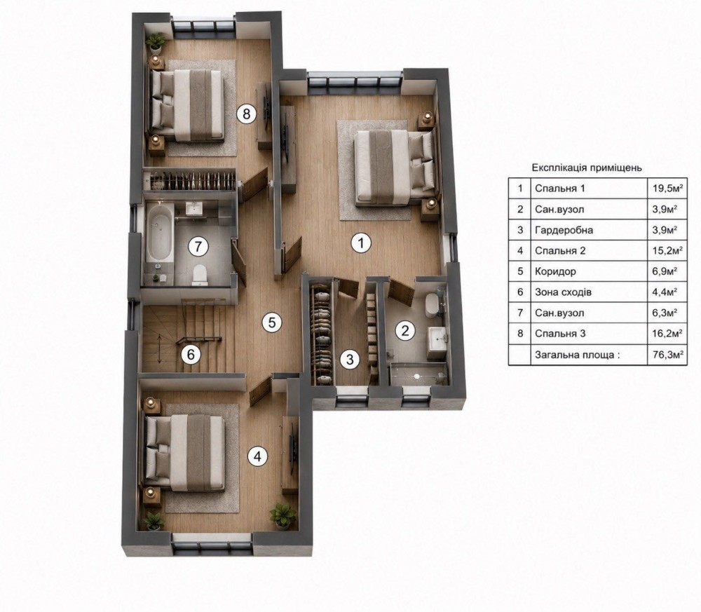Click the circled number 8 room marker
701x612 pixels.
click(246, 114)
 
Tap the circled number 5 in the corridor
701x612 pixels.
click(272, 322)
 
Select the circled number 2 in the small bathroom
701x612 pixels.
click(405, 331)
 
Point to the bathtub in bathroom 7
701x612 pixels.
click(160, 233)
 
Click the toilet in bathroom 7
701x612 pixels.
click(198, 275)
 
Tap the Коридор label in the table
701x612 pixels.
click(555, 271)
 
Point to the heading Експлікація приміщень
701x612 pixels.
click(587, 168)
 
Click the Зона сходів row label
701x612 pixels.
click(564, 292)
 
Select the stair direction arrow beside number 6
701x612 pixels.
click(160, 348)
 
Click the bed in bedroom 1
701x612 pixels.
click(395, 168)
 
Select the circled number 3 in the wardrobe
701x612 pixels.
click(350, 360)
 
